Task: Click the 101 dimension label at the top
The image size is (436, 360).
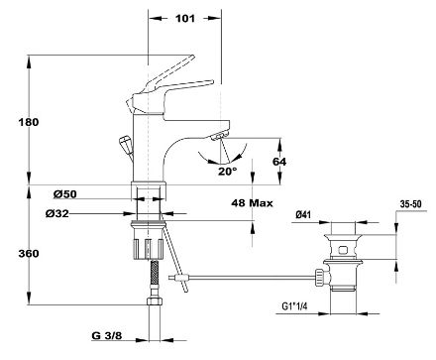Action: coord(185,19)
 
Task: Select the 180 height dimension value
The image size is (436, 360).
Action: coord(29,122)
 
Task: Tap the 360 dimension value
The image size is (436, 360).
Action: coord(29,254)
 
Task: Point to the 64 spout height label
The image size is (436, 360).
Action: coord(279,162)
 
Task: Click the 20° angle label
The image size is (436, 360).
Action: coord(227,172)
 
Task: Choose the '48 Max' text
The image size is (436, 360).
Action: coord(253,203)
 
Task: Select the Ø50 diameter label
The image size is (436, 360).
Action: coord(65,194)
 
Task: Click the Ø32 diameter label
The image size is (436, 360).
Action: coord(57,214)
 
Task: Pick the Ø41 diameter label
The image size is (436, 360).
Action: coord(303,215)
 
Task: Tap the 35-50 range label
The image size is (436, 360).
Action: coord(411,204)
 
